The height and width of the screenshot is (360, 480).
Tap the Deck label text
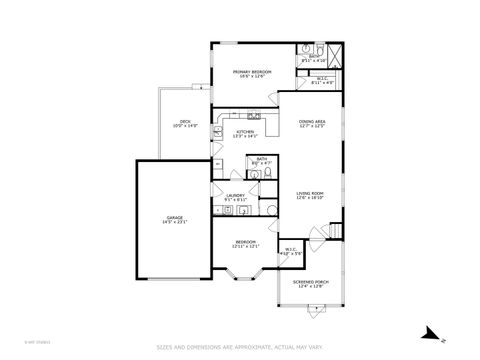185,122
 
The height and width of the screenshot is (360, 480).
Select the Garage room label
174,217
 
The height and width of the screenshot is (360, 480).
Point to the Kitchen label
245,131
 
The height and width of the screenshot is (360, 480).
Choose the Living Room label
309,193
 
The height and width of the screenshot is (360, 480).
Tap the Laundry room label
235,196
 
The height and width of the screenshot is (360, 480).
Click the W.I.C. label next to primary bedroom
322,79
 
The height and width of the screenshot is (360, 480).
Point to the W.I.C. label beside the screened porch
291,249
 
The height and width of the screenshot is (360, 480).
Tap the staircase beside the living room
337,231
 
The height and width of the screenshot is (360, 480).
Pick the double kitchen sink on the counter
255,116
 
